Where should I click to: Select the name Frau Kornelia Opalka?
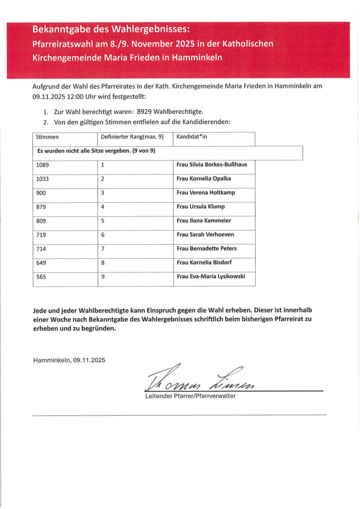point(204,178)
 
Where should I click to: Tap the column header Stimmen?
point(47,136)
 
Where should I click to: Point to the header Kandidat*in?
point(192,136)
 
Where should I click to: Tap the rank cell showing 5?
point(102,220)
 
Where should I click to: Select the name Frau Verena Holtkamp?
point(206,192)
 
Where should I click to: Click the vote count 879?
point(41,206)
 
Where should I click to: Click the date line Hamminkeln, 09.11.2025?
point(69,359)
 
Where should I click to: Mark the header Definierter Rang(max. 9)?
point(132,136)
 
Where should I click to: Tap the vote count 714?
point(41,249)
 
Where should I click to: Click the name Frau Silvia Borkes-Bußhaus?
point(212,165)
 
